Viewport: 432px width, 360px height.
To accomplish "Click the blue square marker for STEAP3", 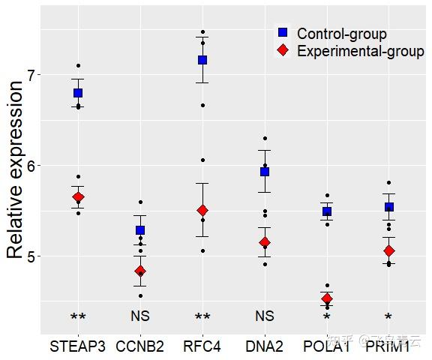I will (78, 93).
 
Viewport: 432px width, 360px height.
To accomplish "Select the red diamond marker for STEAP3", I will (78, 197).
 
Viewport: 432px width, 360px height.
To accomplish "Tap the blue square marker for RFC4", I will (202, 60).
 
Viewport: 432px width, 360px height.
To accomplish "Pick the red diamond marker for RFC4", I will (202, 211).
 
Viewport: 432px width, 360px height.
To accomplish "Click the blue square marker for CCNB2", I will (140, 230).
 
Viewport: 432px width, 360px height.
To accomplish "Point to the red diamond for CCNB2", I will (140, 271).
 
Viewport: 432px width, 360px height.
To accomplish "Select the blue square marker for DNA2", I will (265, 172).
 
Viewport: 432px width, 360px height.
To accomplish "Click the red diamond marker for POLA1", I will (327, 299).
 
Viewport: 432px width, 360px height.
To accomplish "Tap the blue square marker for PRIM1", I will (388, 207).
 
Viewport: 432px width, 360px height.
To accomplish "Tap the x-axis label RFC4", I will (202, 346).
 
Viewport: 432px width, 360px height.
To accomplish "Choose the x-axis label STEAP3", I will (78, 346).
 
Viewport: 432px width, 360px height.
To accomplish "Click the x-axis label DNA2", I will (265, 346).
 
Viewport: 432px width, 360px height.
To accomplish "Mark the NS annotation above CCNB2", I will (140, 316).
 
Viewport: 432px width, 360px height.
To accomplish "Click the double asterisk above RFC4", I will (202, 318).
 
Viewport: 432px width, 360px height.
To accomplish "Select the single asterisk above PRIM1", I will (388, 318).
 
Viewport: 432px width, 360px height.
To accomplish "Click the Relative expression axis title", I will (16, 170).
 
